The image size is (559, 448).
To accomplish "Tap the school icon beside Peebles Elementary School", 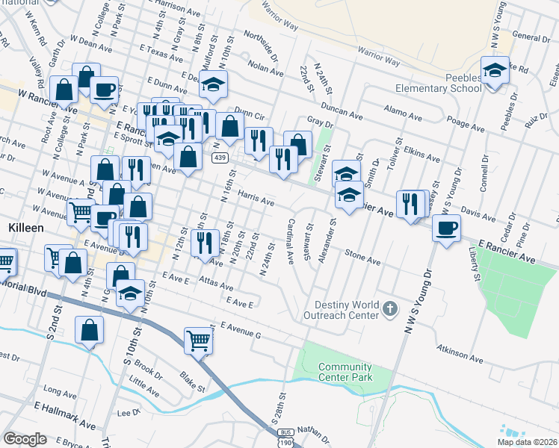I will [494, 71].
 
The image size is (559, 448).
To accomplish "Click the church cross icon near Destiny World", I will [389, 308].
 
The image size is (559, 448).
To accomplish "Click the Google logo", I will [25, 439].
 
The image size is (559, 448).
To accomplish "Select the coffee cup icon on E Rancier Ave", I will [446, 227].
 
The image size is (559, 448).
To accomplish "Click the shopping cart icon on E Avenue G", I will [198, 340].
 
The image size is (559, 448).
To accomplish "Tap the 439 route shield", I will [219, 158].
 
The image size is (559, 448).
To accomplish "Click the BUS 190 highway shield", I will [283, 438].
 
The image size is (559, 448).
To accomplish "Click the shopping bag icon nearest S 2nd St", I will [89, 329].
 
